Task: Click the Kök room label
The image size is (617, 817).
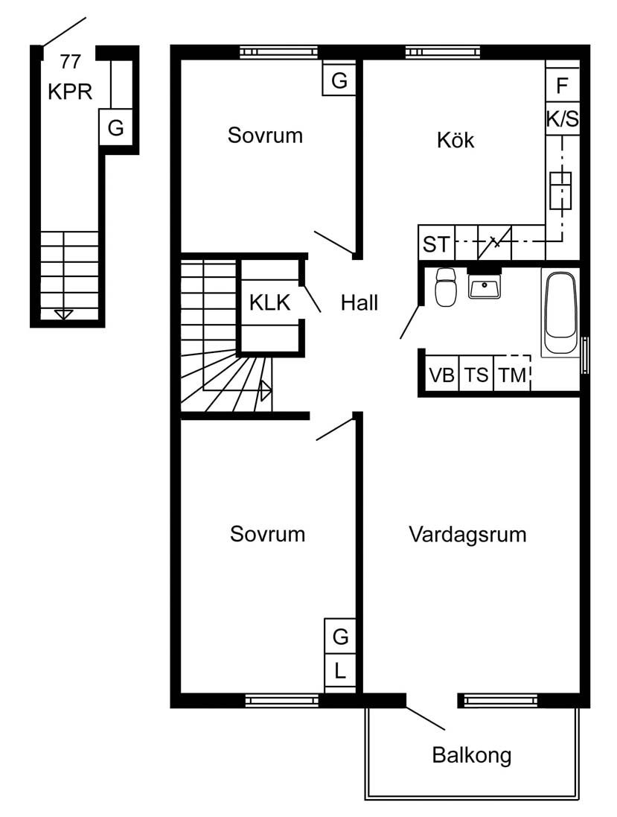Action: pos(455,140)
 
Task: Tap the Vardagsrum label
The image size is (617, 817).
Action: pos(467,535)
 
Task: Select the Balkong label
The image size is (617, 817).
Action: pos(472,755)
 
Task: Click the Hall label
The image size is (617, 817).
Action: pos(359,302)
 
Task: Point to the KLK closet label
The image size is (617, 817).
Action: pos(269,302)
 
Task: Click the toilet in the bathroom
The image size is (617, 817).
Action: pos(446,287)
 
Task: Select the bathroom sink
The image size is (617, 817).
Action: pos(485,285)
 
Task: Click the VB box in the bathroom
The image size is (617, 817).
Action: pos(442,374)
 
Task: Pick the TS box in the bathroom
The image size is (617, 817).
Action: pos(476,374)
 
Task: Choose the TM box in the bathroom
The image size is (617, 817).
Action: pos(512,374)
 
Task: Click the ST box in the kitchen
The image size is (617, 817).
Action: pos(436,243)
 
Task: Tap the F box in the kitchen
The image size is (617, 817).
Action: pos(563,85)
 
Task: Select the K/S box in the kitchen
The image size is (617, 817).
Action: pos(563,119)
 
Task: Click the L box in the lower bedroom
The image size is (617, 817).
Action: pos(340,671)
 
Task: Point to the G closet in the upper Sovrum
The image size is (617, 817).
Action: pos(339,80)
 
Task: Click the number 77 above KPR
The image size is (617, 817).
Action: pos(70,62)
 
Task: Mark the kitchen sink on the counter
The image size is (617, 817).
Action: pos(560,191)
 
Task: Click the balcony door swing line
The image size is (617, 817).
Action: pos(426,718)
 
